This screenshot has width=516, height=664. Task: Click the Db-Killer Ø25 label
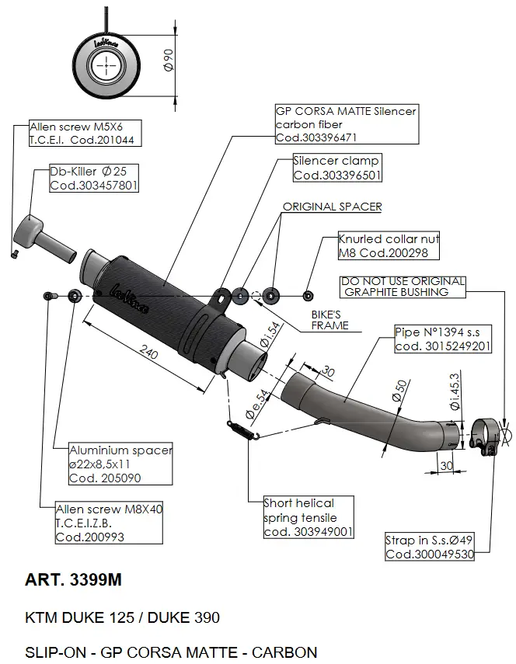click(94, 179)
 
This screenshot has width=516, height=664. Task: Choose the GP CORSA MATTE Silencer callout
click(346, 124)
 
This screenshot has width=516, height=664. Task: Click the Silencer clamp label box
click(336, 168)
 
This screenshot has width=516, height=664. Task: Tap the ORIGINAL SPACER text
click(332, 207)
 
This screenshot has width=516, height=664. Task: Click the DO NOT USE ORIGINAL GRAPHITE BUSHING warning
click(403, 287)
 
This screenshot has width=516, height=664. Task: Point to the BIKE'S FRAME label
click(330, 321)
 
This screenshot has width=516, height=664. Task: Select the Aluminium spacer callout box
click(120, 464)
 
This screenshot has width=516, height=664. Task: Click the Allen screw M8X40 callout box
click(110, 523)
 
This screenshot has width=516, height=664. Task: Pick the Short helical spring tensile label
click(309, 517)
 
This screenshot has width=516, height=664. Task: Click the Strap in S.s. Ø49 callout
click(429, 548)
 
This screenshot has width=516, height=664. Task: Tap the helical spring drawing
click(242, 429)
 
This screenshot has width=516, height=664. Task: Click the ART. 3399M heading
click(74, 580)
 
